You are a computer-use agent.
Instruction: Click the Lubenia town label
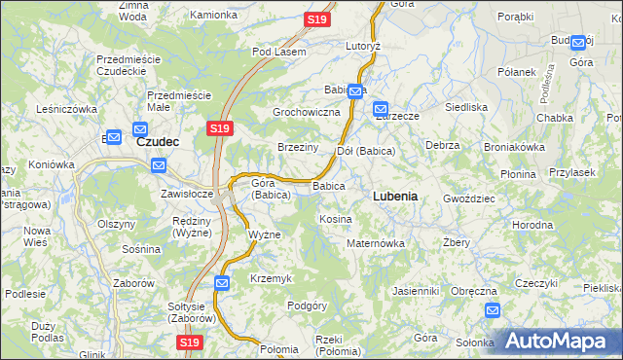[395, 196]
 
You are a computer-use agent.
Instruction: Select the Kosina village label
[335, 219]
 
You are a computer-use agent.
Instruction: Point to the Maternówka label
[375, 242]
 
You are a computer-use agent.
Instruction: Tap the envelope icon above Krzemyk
[221, 282]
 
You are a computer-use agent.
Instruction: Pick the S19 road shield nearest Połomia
[189, 342]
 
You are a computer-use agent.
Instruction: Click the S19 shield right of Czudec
[219, 128]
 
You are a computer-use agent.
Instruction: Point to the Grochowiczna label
[306, 112]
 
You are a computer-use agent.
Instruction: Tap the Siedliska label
[465, 106]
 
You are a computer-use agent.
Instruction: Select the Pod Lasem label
[278, 52]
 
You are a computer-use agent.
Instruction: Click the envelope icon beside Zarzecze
[380, 110]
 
